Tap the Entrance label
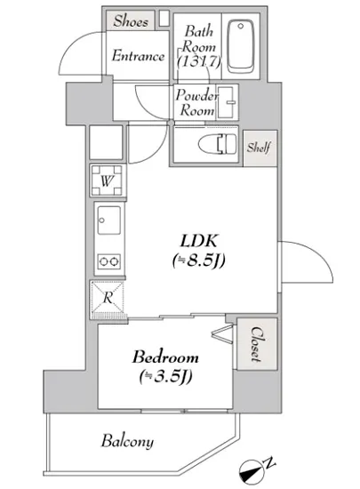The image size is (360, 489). (138, 56)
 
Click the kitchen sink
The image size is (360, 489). (110, 219)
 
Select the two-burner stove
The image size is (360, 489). (110, 261)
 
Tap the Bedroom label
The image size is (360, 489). (166, 357)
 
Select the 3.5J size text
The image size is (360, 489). (166, 377)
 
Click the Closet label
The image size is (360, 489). (253, 345)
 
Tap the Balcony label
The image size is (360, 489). (127, 441)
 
